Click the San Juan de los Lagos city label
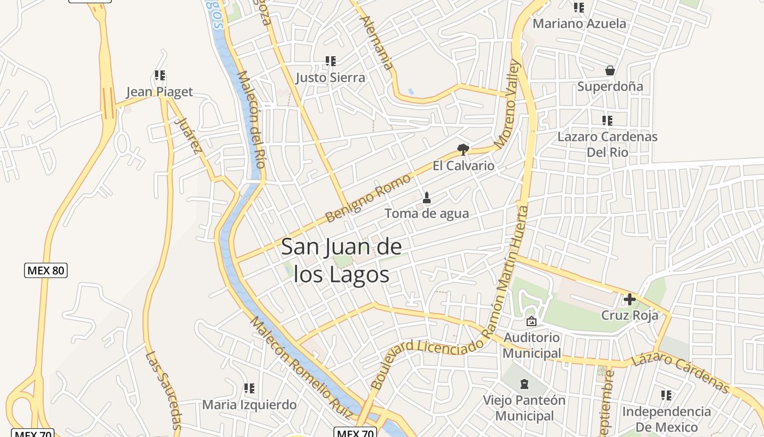[x=342, y=261]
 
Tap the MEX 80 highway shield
[x=46, y=270]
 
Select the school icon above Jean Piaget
[x=160, y=75]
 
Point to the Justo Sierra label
[x=331, y=78]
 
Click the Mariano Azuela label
[x=579, y=23]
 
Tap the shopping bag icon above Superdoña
[x=610, y=70]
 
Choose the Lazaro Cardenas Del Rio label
[x=607, y=144]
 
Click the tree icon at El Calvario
[x=463, y=149]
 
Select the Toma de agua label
[x=427, y=214]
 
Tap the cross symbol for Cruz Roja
[x=629, y=299]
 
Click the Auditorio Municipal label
[x=532, y=345]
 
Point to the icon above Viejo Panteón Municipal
[x=524, y=383]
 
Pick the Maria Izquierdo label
[x=249, y=405]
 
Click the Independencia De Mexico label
[x=666, y=419]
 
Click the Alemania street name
[x=377, y=43]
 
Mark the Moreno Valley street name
[x=508, y=104]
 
